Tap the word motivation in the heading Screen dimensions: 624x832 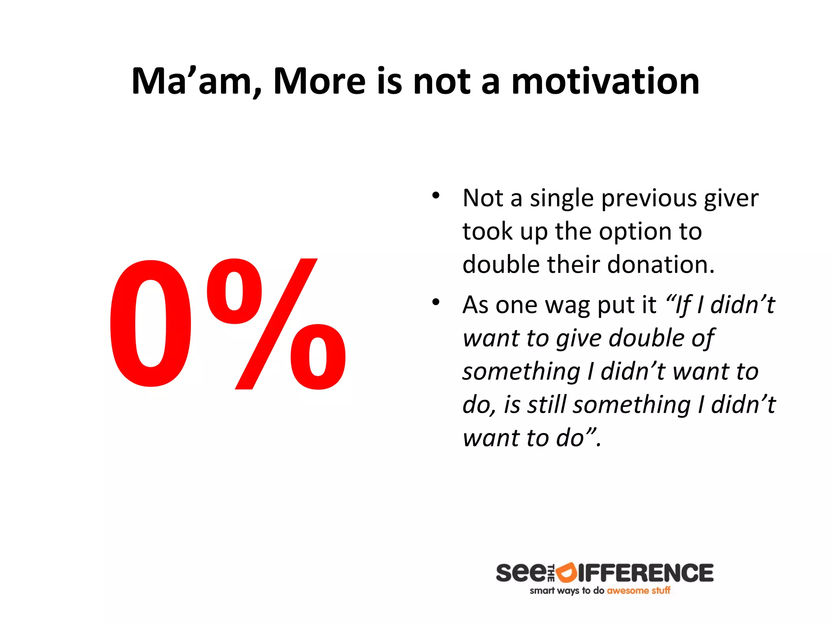point(605,81)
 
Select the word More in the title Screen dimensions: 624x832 point(319,81)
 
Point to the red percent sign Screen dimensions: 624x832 point(276,324)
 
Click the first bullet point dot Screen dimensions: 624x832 point(436,196)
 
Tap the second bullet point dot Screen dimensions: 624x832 point(436,302)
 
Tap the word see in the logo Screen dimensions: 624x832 point(521,573)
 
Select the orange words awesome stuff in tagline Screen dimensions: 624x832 point(638,591)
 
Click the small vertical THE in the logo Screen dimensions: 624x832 point(551,573)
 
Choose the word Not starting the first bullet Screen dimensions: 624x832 point(483,198)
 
